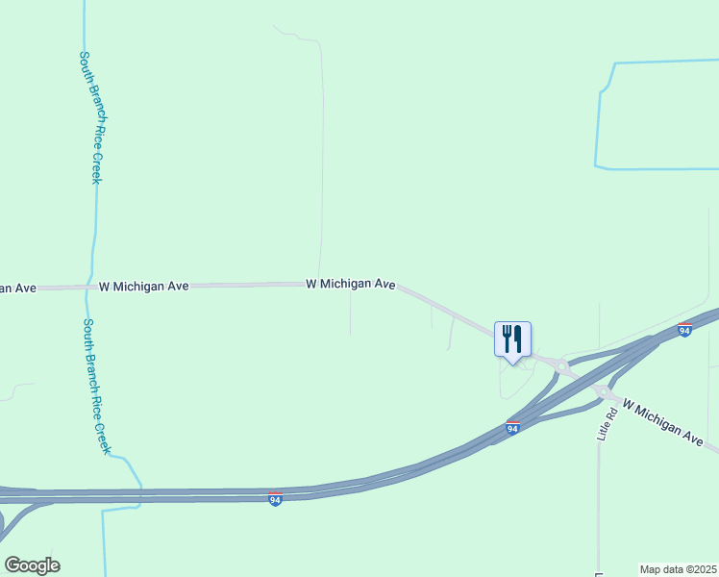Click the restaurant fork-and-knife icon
point(511,339)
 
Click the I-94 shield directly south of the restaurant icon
point(512,427)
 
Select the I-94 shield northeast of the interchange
point(684,330)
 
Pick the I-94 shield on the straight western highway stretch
point(275,499)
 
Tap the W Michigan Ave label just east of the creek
point(143,287)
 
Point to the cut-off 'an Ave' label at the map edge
point(17,288)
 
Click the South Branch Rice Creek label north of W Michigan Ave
point(90,117)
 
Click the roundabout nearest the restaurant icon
point(560,365)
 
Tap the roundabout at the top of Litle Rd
point(604,391)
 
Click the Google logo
point(32,565)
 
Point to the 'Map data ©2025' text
point(678,569)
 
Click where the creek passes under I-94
point(141,495)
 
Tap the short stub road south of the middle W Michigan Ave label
point(350,313)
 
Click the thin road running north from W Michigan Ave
point(321,173)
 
